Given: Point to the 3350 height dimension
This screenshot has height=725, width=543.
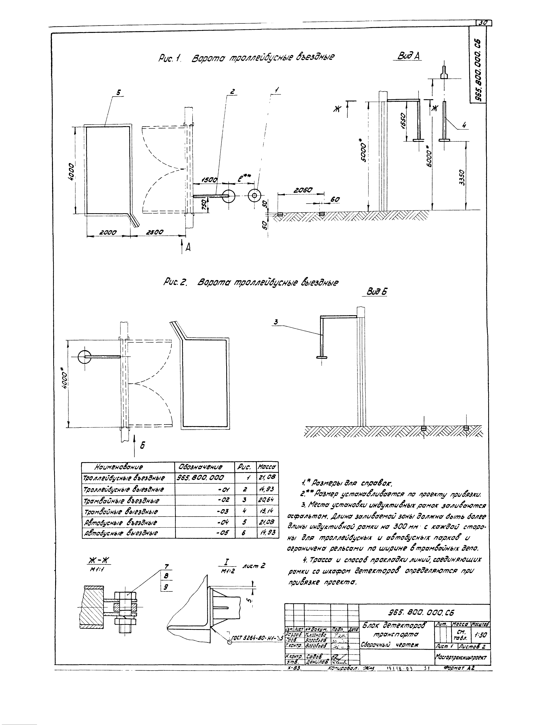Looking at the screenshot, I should coord(461,177).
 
